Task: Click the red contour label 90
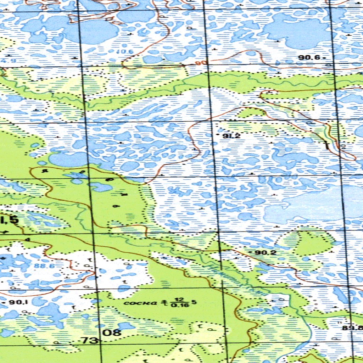coord(201,63)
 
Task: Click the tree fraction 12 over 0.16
coord(179,303)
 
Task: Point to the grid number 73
coord(90,341)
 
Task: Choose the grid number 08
coord(112,333)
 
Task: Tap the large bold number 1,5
coord(9,220)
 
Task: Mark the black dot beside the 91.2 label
coord(218,135)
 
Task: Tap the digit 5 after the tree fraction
coord(194,302)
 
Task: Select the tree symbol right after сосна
coord(164,303)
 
